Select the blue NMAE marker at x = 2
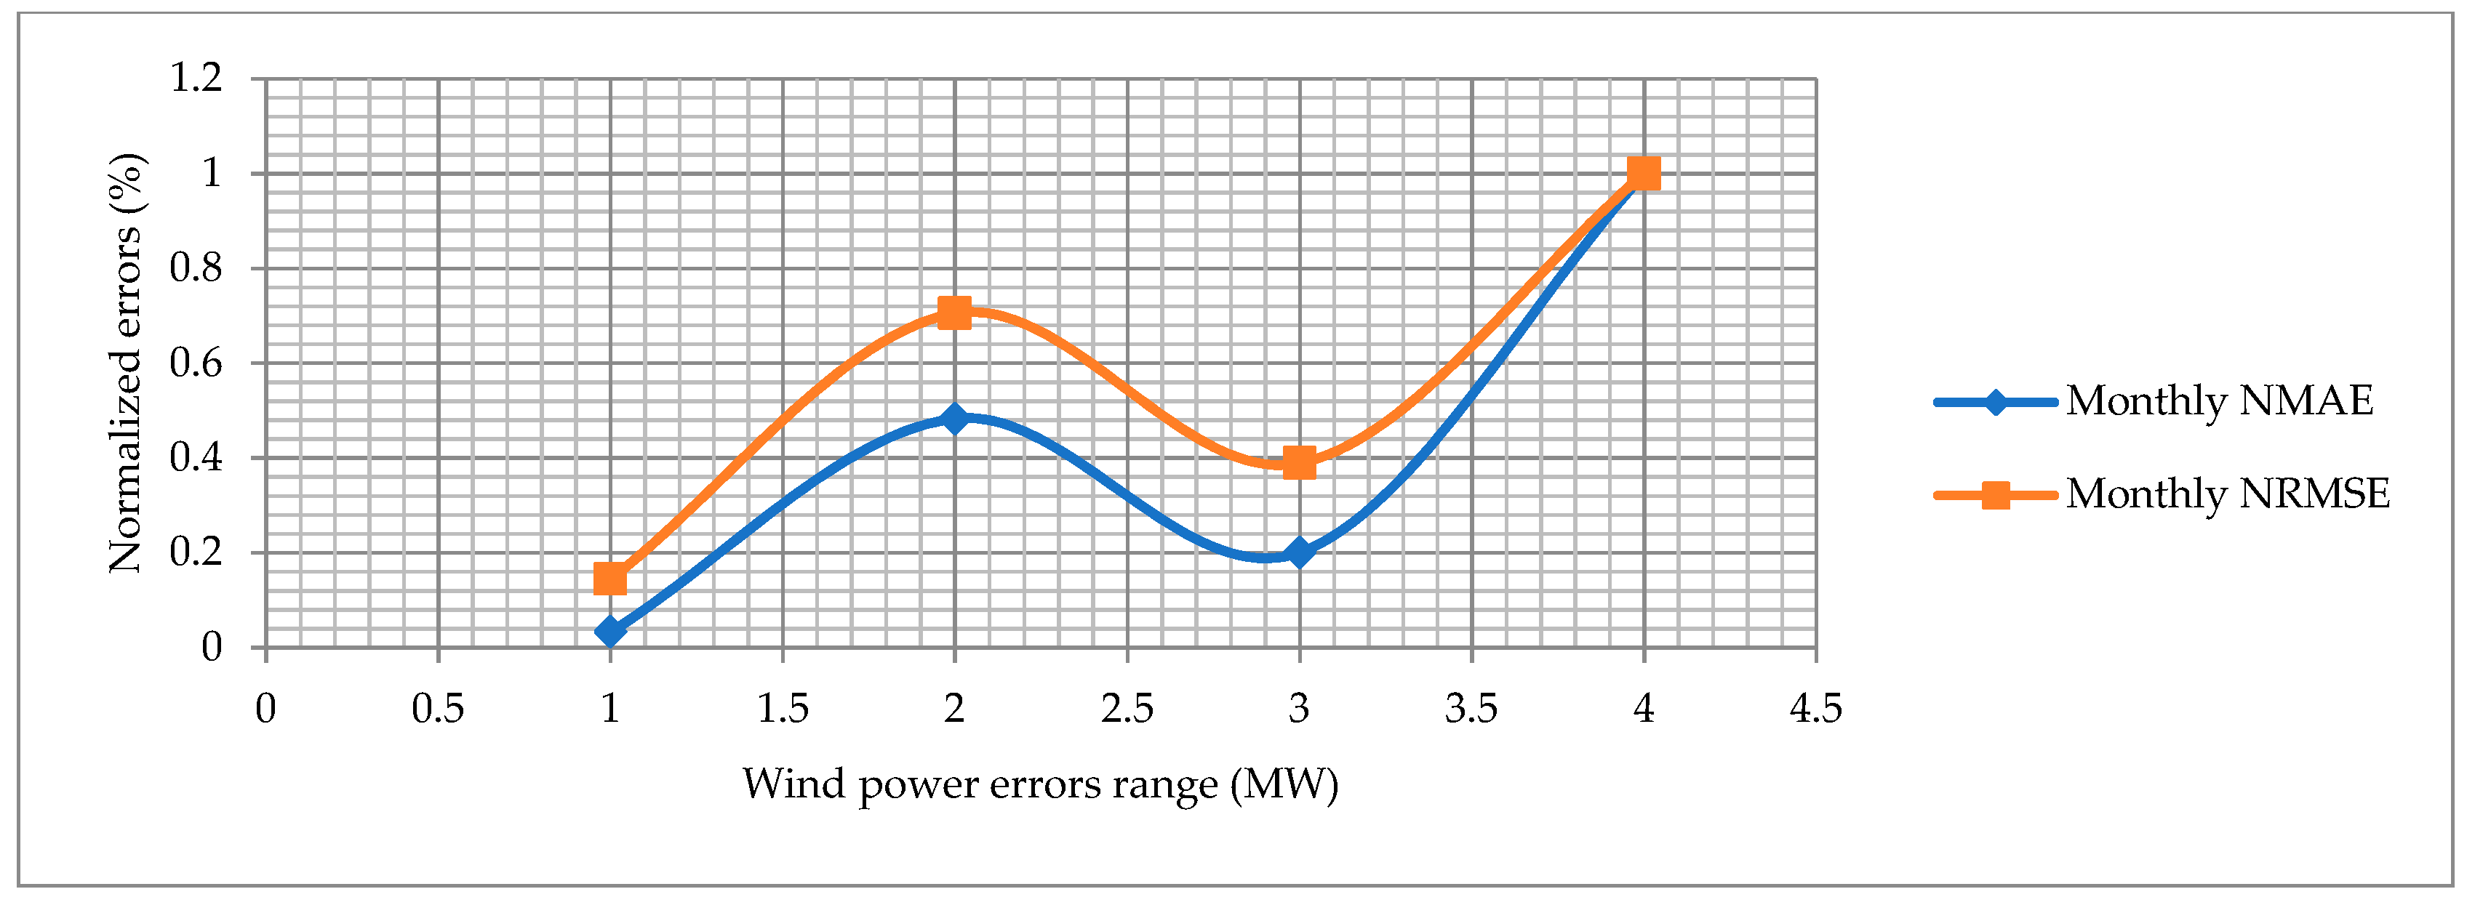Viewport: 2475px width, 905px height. (x=954, y=418)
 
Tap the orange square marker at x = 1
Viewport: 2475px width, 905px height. (x=610, y=579)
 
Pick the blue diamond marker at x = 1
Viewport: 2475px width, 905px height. (x=610, y=631)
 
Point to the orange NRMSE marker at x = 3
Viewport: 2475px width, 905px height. (x=1299, y=463)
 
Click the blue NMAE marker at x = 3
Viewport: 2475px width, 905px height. (x=1299, y=552)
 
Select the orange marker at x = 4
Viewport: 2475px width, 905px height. (x=1644, y=174)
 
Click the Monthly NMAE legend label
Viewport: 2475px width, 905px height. (x=2220, y=401)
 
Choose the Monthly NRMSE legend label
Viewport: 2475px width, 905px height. (x=2227, y=494)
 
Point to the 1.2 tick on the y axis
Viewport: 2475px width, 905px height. (x=196, y=78)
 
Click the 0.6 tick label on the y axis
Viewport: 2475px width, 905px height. (x=196, y=363)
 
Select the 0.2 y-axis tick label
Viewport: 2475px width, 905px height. (x=196, y=552)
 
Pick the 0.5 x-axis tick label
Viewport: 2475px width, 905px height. (x=438, y=709)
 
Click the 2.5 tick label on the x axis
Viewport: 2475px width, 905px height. (x=1127, y=709)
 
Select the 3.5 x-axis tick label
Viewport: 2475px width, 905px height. (x=1471, y=709)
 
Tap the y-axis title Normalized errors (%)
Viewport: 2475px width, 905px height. (x=126, y=363)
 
